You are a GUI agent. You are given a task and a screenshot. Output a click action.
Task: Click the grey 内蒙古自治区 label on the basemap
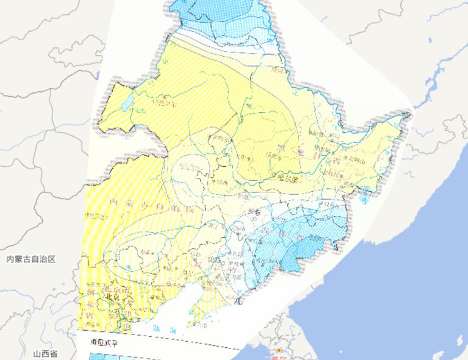click(x=30, y=259)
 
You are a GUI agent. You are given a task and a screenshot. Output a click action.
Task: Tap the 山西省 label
click(x=46, y=354)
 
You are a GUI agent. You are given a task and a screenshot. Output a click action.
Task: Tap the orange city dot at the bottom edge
click(x=279, y=351)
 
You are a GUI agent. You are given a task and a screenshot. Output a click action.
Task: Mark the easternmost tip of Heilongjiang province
click(x=412, y=111)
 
